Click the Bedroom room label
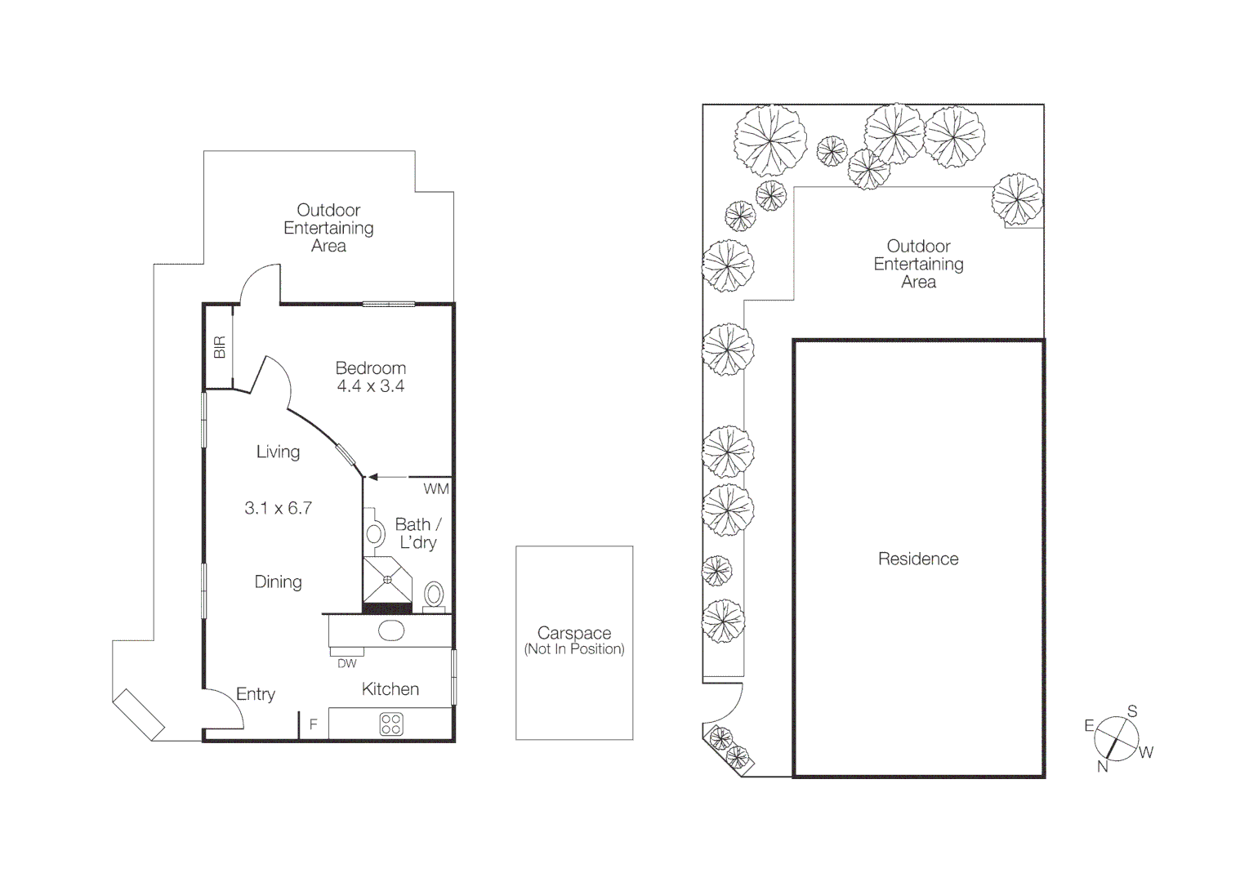tap(370, 367)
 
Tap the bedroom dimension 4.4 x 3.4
tap(370, 386)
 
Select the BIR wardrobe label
tap(219, 347)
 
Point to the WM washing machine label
tap(435, 489)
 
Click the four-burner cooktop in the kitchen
tap(391, 724)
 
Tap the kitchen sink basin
tap(391, 631)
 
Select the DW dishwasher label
tap(346, 664)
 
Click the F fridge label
tap(313, 724)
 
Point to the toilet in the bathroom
tap(435, 595)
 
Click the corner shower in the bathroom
tap(387, 579)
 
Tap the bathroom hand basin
tap(374, 534)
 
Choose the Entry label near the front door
tap(256, 694)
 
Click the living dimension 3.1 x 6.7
tap(278, 508)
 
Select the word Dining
tap(278, 582)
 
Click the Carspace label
tap(574, 633)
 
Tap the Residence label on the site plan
tap(918, 559)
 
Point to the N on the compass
tap(1102, 766)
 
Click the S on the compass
tap(1132, 711)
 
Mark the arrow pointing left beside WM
tap(373, 477)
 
